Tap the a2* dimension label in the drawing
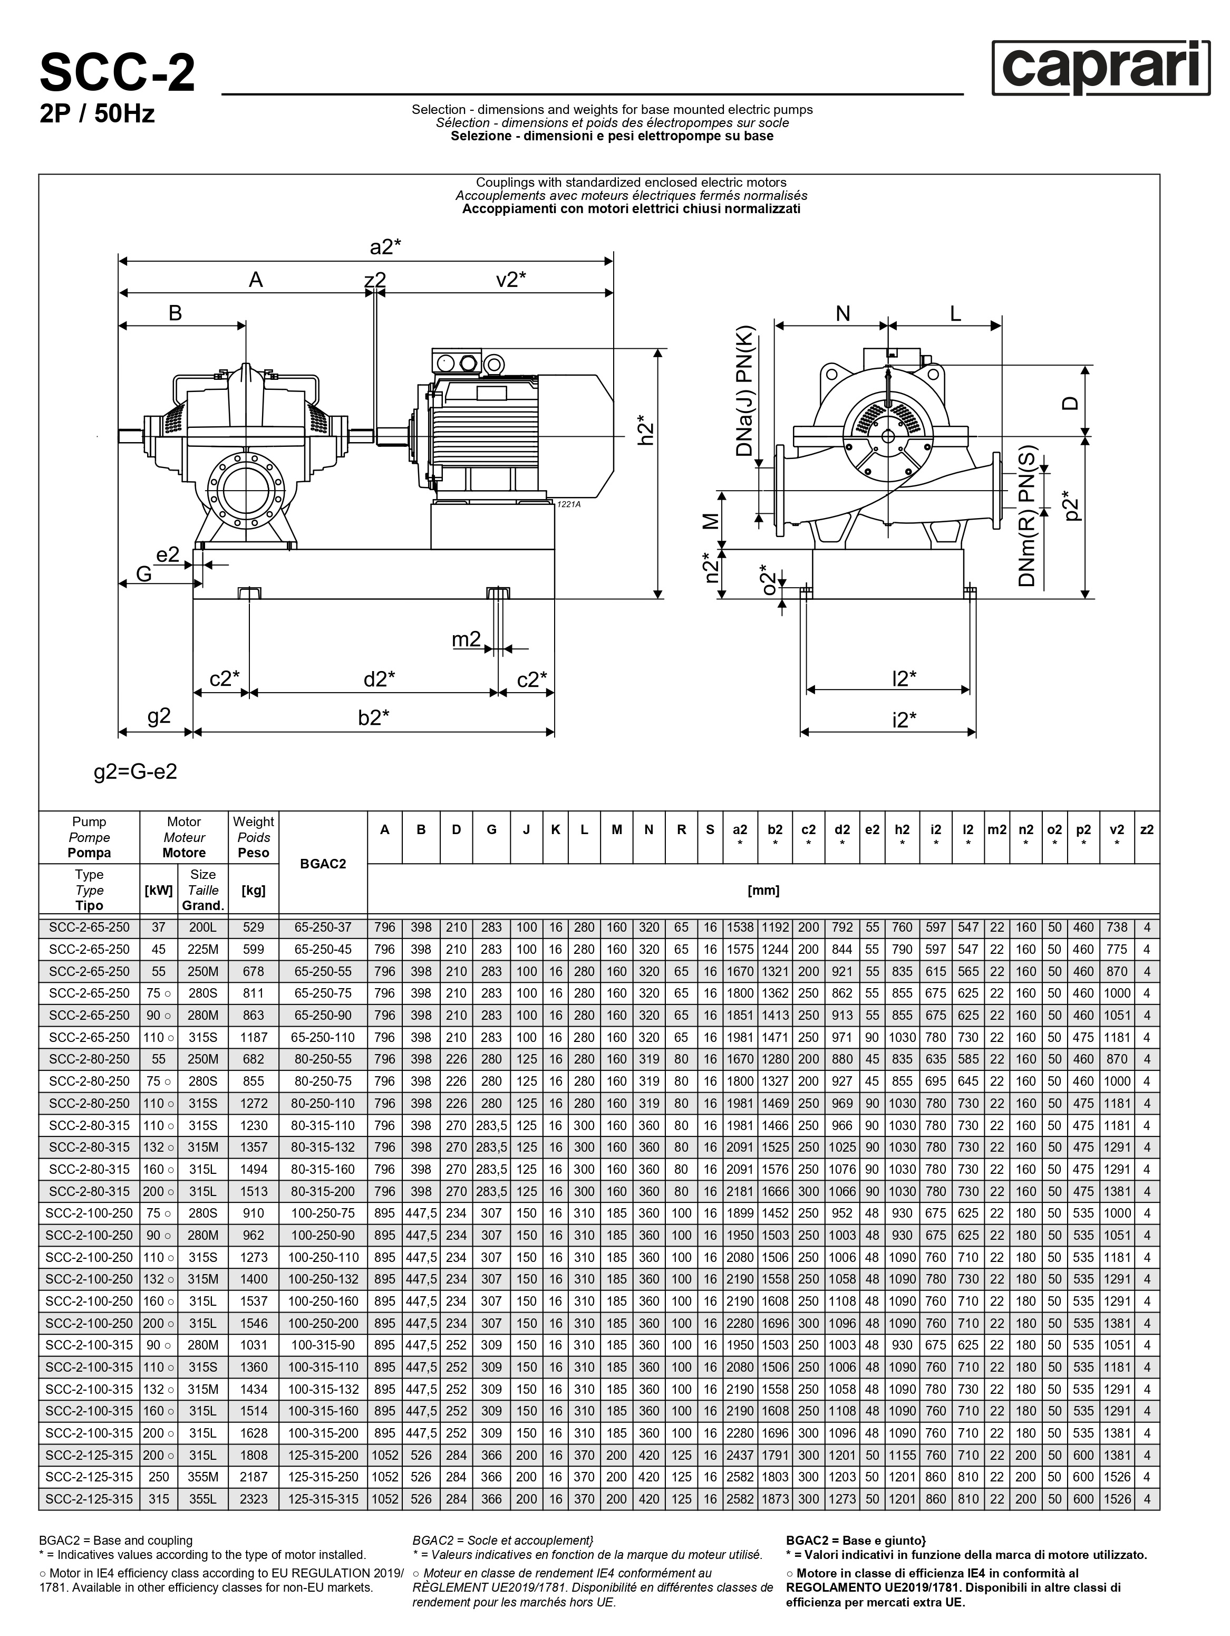coord(385,246)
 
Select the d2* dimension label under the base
coord(379,678)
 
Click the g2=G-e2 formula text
coord(136,771)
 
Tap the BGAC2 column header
coord(324,863)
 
